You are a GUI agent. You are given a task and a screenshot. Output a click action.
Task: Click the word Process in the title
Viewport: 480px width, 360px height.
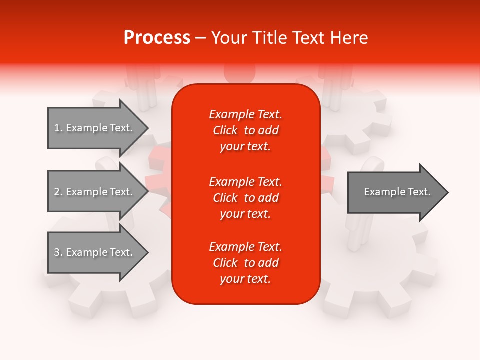click(157, 37)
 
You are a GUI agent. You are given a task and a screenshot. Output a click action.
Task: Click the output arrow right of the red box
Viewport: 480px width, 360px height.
click(395, 192)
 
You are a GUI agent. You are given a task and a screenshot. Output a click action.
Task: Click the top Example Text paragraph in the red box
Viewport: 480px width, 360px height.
click(245, 130)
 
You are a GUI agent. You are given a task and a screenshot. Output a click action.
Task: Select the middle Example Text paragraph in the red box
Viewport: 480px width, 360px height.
click(245, 198)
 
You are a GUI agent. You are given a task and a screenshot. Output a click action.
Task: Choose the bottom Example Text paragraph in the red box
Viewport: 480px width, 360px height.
click(245, 263)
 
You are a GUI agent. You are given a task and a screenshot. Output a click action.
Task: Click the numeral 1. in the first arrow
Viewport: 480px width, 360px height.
click(58, 128)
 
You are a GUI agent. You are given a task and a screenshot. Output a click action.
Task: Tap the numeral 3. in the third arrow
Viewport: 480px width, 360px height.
click(58, 252)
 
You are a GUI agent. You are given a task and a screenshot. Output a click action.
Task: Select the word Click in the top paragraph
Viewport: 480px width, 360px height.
click(225, 130)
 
